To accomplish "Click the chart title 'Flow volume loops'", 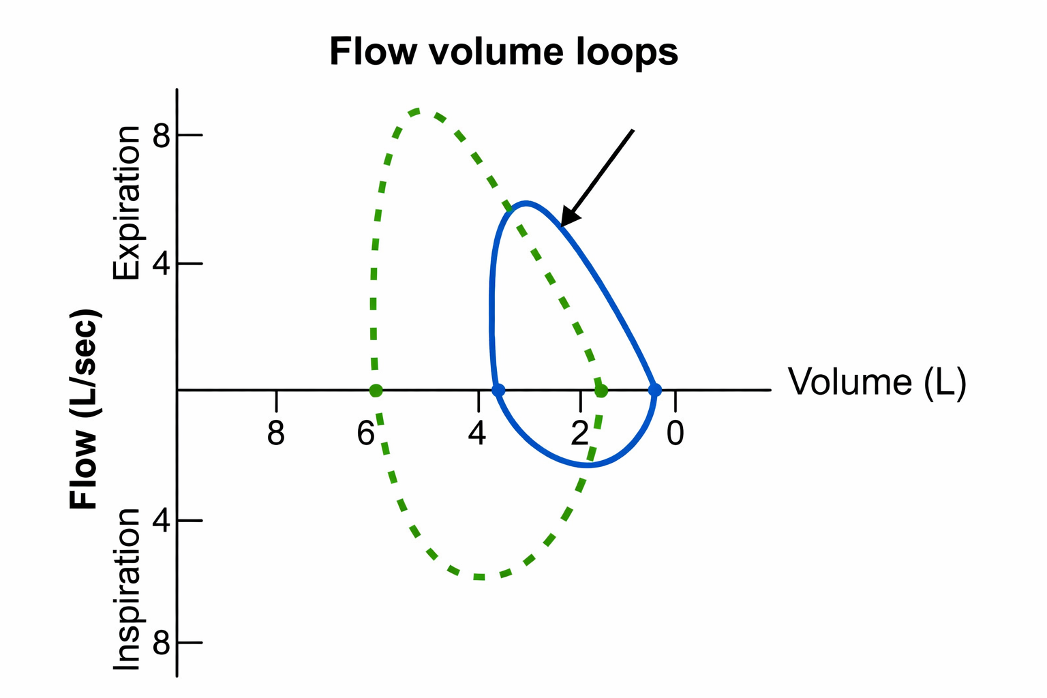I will pyautogui.click(x=504, y=52).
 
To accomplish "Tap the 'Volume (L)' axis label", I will pyautogui.click(x=877, y=382).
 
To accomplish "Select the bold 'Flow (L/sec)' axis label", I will pyautogui.click(x=85, y=409).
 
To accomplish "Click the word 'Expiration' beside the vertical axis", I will pyautogui.click(x=127, y=202).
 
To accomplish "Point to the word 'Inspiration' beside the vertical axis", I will pyautogui.click(x=127, y=589).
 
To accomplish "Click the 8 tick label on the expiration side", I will pyautogui.click(x=162, y=136).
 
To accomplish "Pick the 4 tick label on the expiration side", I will pyautogui.click(x=162, y=264).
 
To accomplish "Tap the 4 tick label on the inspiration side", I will pyautogui.click(x=162, y=521).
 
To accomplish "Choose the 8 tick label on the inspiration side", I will pyautogui.click(x=162, y=643).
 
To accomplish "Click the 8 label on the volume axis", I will pyautogui.click(x=275, y=434).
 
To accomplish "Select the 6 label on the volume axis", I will pyautogui.click(x=366, y=434).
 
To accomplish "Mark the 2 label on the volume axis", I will pyautogui.click(x=579, y=434).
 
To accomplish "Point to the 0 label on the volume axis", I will pyautogui.click(x=675, y=434).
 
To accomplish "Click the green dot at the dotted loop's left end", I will pyautogui.click(x=376, y=391).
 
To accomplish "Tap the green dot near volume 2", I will pyautogui.click(x=601, y=391).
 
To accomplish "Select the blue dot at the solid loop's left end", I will pyautogui.click(x=498, y=391).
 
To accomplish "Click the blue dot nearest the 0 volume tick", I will pyautogui.click(x=655, y=391).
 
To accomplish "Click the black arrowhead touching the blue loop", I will pyautogui.click(x=568, y=217).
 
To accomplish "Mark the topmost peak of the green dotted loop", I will pyautogui.click(x=417, y=110).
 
